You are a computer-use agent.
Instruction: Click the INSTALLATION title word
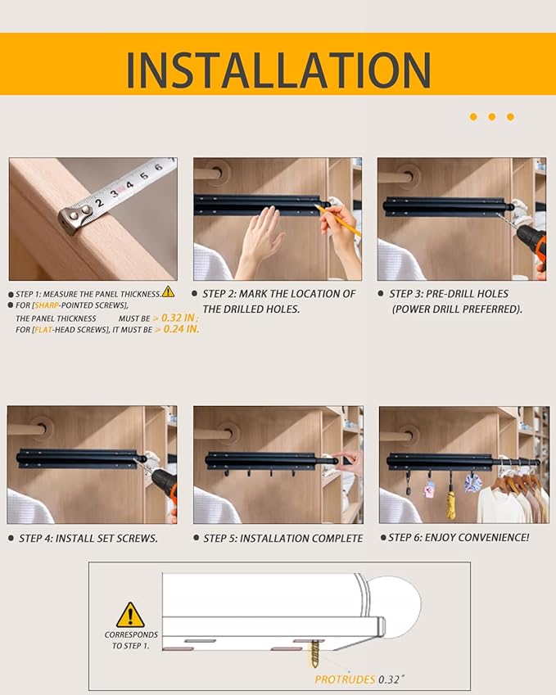click(278, 70)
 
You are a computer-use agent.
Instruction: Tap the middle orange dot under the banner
click(492, 117)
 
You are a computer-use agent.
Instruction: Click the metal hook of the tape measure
click(71, 217)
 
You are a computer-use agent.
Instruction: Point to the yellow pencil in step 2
click(341, 220)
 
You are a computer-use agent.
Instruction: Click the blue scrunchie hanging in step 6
click(472, 483)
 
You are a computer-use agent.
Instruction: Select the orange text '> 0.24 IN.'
click(177, 329)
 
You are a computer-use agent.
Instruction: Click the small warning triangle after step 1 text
click(168, 291)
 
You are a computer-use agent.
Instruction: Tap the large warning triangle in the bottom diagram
click(130, 615)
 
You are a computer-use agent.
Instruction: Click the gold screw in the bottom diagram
click(314, 654)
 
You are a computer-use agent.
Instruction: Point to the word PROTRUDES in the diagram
click(345, 679)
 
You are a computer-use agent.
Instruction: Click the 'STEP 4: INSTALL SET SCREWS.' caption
click(88, 538)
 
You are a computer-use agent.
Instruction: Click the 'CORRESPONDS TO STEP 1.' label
click(131, 640)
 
